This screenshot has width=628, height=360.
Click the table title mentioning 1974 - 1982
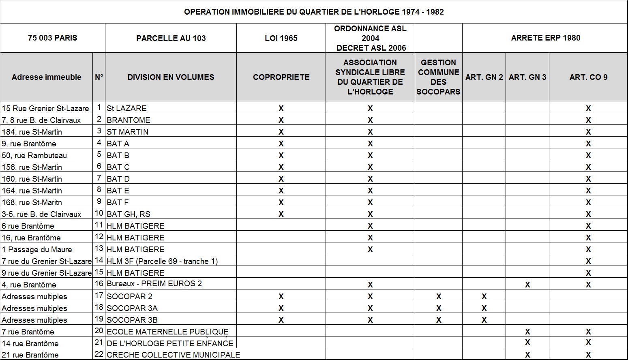[314, 12]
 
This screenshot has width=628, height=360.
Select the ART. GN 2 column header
[484, 77]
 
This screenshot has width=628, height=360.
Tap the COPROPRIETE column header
[281, 77]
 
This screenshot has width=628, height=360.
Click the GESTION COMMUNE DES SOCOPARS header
[438, 77]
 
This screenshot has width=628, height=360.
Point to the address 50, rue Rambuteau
[34, 155]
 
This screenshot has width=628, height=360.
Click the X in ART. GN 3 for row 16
[527, 285]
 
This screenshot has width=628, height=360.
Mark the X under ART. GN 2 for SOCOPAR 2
[484, 296]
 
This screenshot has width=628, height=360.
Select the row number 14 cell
[99, 261]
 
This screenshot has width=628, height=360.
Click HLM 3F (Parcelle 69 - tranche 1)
[162, 261]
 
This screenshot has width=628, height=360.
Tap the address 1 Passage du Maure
[37, 249]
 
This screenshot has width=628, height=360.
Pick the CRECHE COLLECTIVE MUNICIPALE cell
[173, 355]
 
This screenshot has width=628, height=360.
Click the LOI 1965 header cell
[281, 38]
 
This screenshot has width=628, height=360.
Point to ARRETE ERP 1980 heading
[545, 38]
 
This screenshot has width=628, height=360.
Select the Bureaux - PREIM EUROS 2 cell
[154, 284]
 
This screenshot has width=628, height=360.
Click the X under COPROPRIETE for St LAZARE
[281, 108]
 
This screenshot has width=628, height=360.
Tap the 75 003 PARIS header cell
[52, 38]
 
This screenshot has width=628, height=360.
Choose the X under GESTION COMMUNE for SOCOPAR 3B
[438, 320]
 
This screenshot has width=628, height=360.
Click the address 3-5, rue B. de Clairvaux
[41, 214]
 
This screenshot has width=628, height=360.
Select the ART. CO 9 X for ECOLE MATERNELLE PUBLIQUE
[588, 332]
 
